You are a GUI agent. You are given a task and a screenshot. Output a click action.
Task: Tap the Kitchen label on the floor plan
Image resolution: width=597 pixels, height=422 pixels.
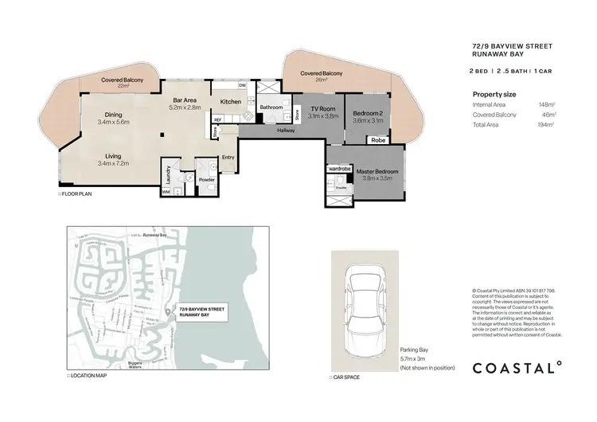[x=230, y=102]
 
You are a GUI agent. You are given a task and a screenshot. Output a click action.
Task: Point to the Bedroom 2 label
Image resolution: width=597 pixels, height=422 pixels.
[x=369, y=113]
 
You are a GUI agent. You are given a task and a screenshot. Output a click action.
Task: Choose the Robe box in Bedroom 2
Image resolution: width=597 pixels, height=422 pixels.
[x=378, y=139]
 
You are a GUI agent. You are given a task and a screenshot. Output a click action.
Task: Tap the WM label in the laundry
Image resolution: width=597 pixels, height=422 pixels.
[x=166, y=192]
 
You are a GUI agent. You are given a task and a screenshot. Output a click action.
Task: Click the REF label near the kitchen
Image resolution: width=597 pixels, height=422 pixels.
[x=217, y=120]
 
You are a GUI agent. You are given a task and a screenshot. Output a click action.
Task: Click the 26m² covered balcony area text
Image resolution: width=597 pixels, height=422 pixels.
[x=322, y=79]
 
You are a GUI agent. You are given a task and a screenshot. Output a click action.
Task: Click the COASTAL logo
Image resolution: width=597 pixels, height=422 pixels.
[x=517, y=367]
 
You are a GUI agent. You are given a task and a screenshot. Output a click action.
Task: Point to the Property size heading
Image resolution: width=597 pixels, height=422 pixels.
[x=494, y=94]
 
